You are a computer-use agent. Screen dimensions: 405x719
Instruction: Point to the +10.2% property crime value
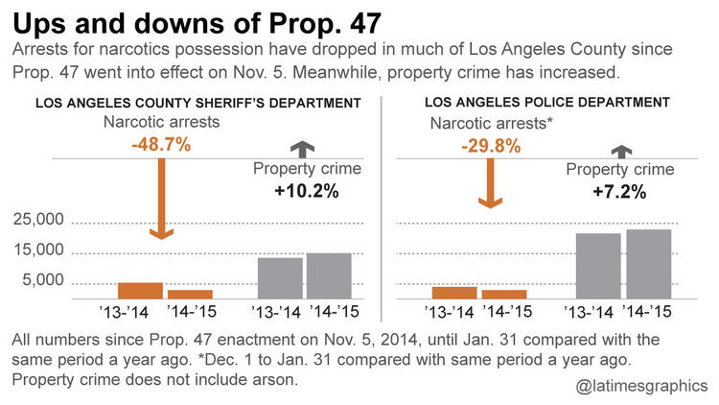click(304, 191)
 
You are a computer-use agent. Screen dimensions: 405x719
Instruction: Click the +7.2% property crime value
click(619, 191)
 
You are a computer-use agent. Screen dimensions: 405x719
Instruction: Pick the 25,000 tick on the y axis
click(37, 221)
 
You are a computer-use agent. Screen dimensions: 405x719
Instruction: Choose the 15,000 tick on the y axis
click(37, 250)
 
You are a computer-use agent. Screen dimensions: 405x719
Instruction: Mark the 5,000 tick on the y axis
click(43, 280)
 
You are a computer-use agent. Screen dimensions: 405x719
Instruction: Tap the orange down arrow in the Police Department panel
click(490, 182)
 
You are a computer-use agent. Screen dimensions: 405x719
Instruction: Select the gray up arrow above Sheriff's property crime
click(304, 148)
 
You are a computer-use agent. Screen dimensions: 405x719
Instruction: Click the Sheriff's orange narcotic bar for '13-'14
click(140, 291)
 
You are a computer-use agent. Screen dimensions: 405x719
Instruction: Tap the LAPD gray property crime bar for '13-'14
click(597, 266)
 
